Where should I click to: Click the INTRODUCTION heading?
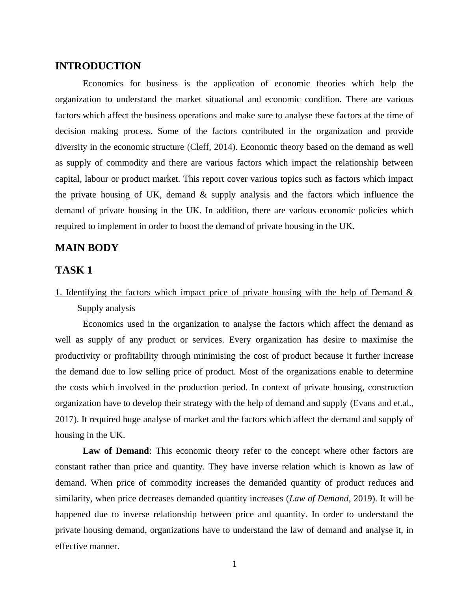(x=98, y=66)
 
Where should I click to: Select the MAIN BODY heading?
(x=87, y=248)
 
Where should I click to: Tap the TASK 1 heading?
(x=74, y=270)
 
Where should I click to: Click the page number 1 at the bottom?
(x=234, y=564)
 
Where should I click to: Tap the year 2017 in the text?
(x=64, y=419)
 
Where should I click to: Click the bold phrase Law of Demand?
(x=116, y=451)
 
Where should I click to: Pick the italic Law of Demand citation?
(x=319, y=499)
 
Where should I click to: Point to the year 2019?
(x=363, y=499)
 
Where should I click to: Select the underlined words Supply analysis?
(x=106, y=308)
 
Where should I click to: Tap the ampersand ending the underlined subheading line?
(x=409, y=292)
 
